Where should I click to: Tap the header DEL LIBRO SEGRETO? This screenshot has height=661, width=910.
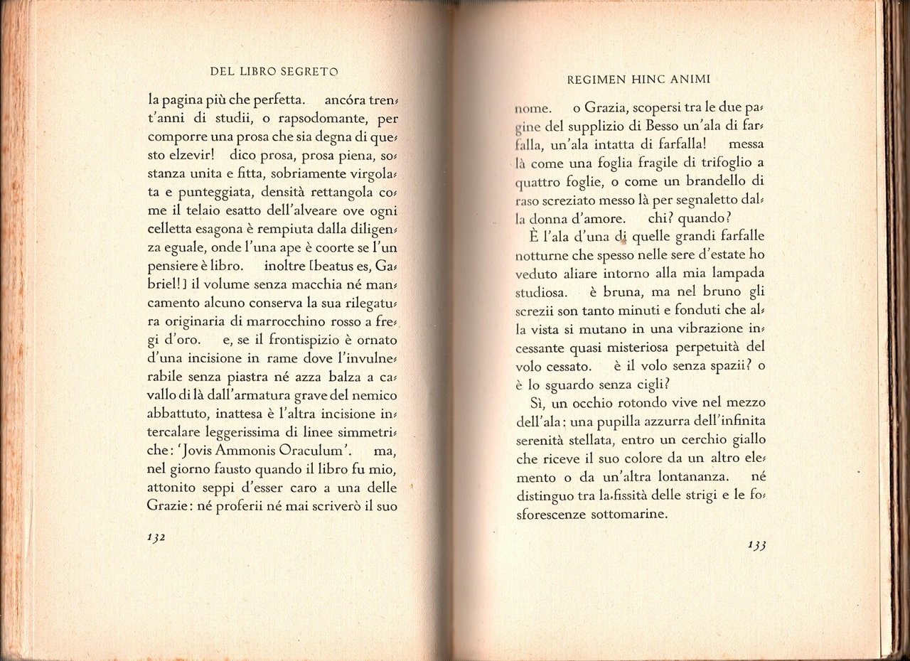[274, 71]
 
